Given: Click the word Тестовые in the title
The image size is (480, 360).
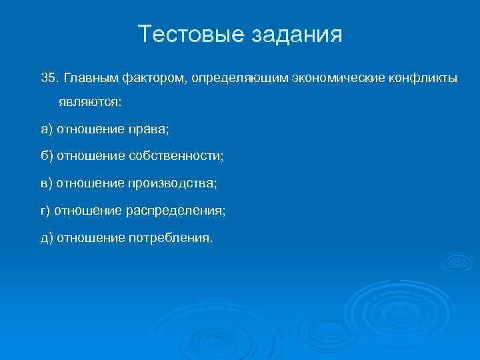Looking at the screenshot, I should pyautogui.click(x=191, y=34).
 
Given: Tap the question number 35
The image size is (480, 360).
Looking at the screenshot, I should pyautogui.click(x=49, y=78).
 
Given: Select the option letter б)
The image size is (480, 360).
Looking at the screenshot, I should pyautogui.click(x=47, y=156).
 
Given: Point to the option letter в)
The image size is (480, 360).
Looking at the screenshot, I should pyautogui.click(x=47, y=183).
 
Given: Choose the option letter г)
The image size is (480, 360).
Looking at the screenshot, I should pyautogui.click(x=45, y=210).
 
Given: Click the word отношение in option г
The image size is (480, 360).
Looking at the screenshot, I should pyautogui.click(x=87, y=210).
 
